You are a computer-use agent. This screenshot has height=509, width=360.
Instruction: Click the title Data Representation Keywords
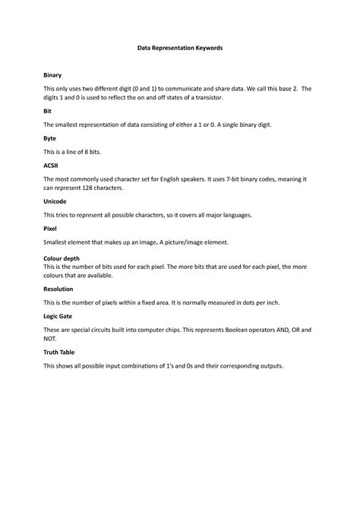pos(180,47)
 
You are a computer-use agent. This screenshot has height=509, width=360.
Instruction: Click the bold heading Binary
pos(52,76)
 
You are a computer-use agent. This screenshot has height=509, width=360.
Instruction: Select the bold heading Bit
pos(47,110)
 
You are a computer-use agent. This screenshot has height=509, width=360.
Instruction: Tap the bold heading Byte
pos(49,139)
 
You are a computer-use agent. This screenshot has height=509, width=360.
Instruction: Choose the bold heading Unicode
pos(55,201)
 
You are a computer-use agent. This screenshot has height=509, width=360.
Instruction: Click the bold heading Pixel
pos(50,228)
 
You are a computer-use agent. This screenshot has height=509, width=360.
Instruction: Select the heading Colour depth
pos(62,258)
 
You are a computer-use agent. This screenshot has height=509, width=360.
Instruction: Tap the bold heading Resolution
pos(59,289)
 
